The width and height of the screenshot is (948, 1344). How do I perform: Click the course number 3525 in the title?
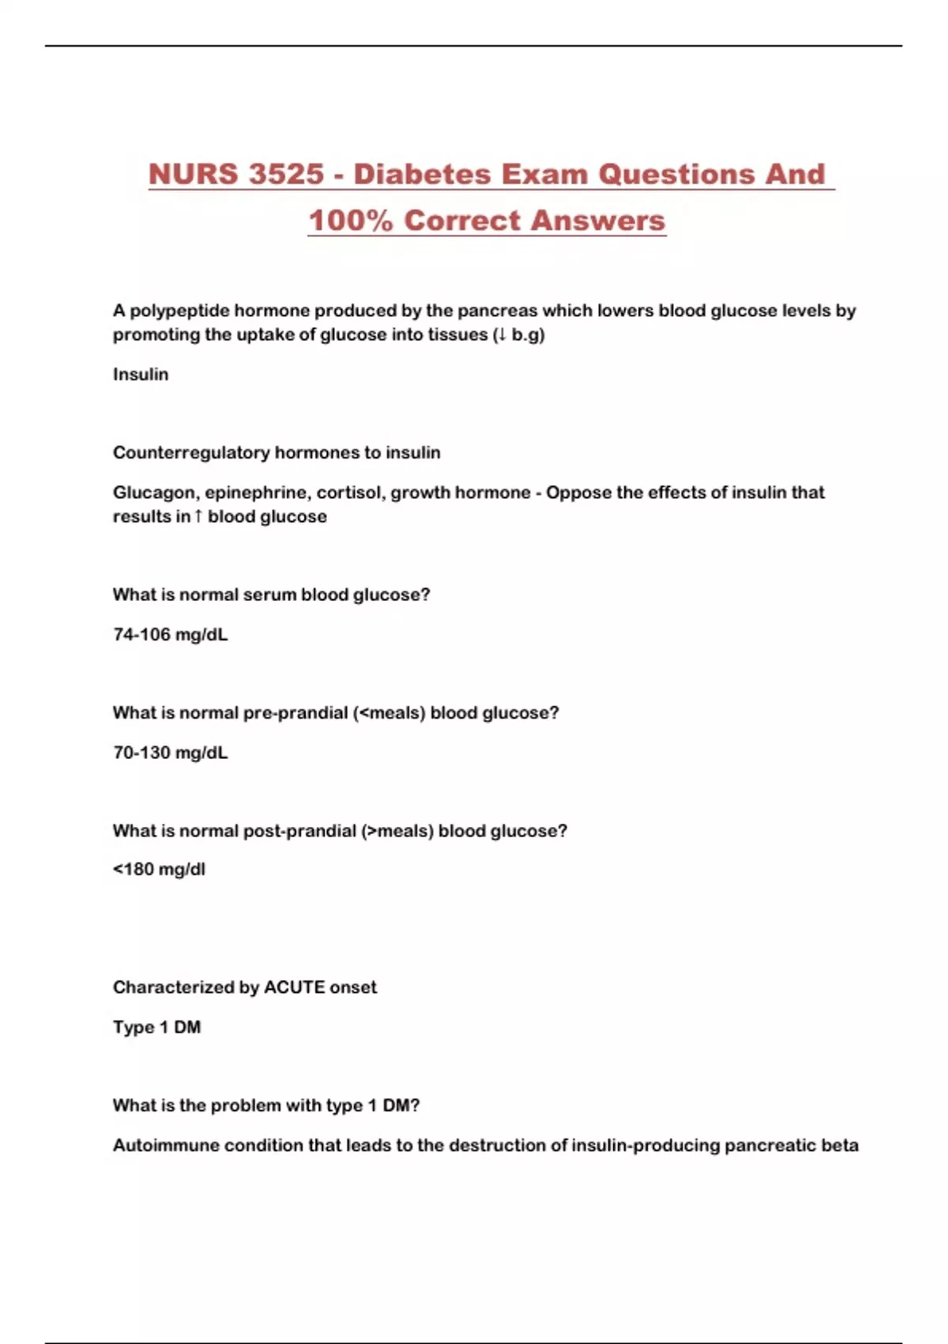(x=286, y=175)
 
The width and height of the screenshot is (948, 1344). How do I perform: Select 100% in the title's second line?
(x=350, y=221)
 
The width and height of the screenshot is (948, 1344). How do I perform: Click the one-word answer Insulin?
(x=141, y=374)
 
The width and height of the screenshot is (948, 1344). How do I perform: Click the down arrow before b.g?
(x=500, y=334)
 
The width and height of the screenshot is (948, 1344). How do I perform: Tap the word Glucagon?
(x=155, y=493)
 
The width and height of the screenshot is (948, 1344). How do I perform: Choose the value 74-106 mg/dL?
(x=170, y=634)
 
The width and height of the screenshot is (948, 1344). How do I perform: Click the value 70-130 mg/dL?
(x=170, y=753)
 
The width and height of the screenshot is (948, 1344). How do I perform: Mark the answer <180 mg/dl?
(x=159, y=870)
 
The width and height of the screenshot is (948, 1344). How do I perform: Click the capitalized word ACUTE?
(x=295, y=987)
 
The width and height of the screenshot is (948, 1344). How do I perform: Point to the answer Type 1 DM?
(x=156, y=1027)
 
